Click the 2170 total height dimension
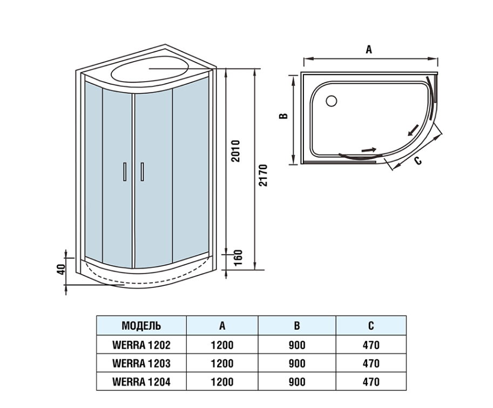262,176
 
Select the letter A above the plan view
369,50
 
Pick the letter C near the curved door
417,160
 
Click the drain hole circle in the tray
332,100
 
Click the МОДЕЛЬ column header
141,326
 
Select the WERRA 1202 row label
141,345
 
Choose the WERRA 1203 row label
141,363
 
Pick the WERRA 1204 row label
141,382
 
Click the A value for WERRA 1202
222,345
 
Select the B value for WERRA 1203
297,363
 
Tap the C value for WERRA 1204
371,382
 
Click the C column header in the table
371,326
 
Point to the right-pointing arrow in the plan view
369,149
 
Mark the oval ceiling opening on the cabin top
151,71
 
